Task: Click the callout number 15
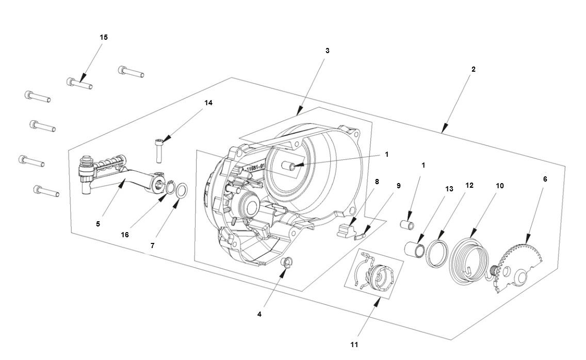coord(104,37)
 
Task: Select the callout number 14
coord(208,103)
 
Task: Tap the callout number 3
coord(328,51)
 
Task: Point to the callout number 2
coord(474,69)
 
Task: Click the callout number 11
coord(354,344)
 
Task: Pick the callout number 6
coord(545,179)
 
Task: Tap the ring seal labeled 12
coord(437,252)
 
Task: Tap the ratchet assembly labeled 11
coord(379,275)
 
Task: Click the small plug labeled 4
coord(288,262)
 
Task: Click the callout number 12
coord(469,185)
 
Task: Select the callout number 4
coord(260,314)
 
